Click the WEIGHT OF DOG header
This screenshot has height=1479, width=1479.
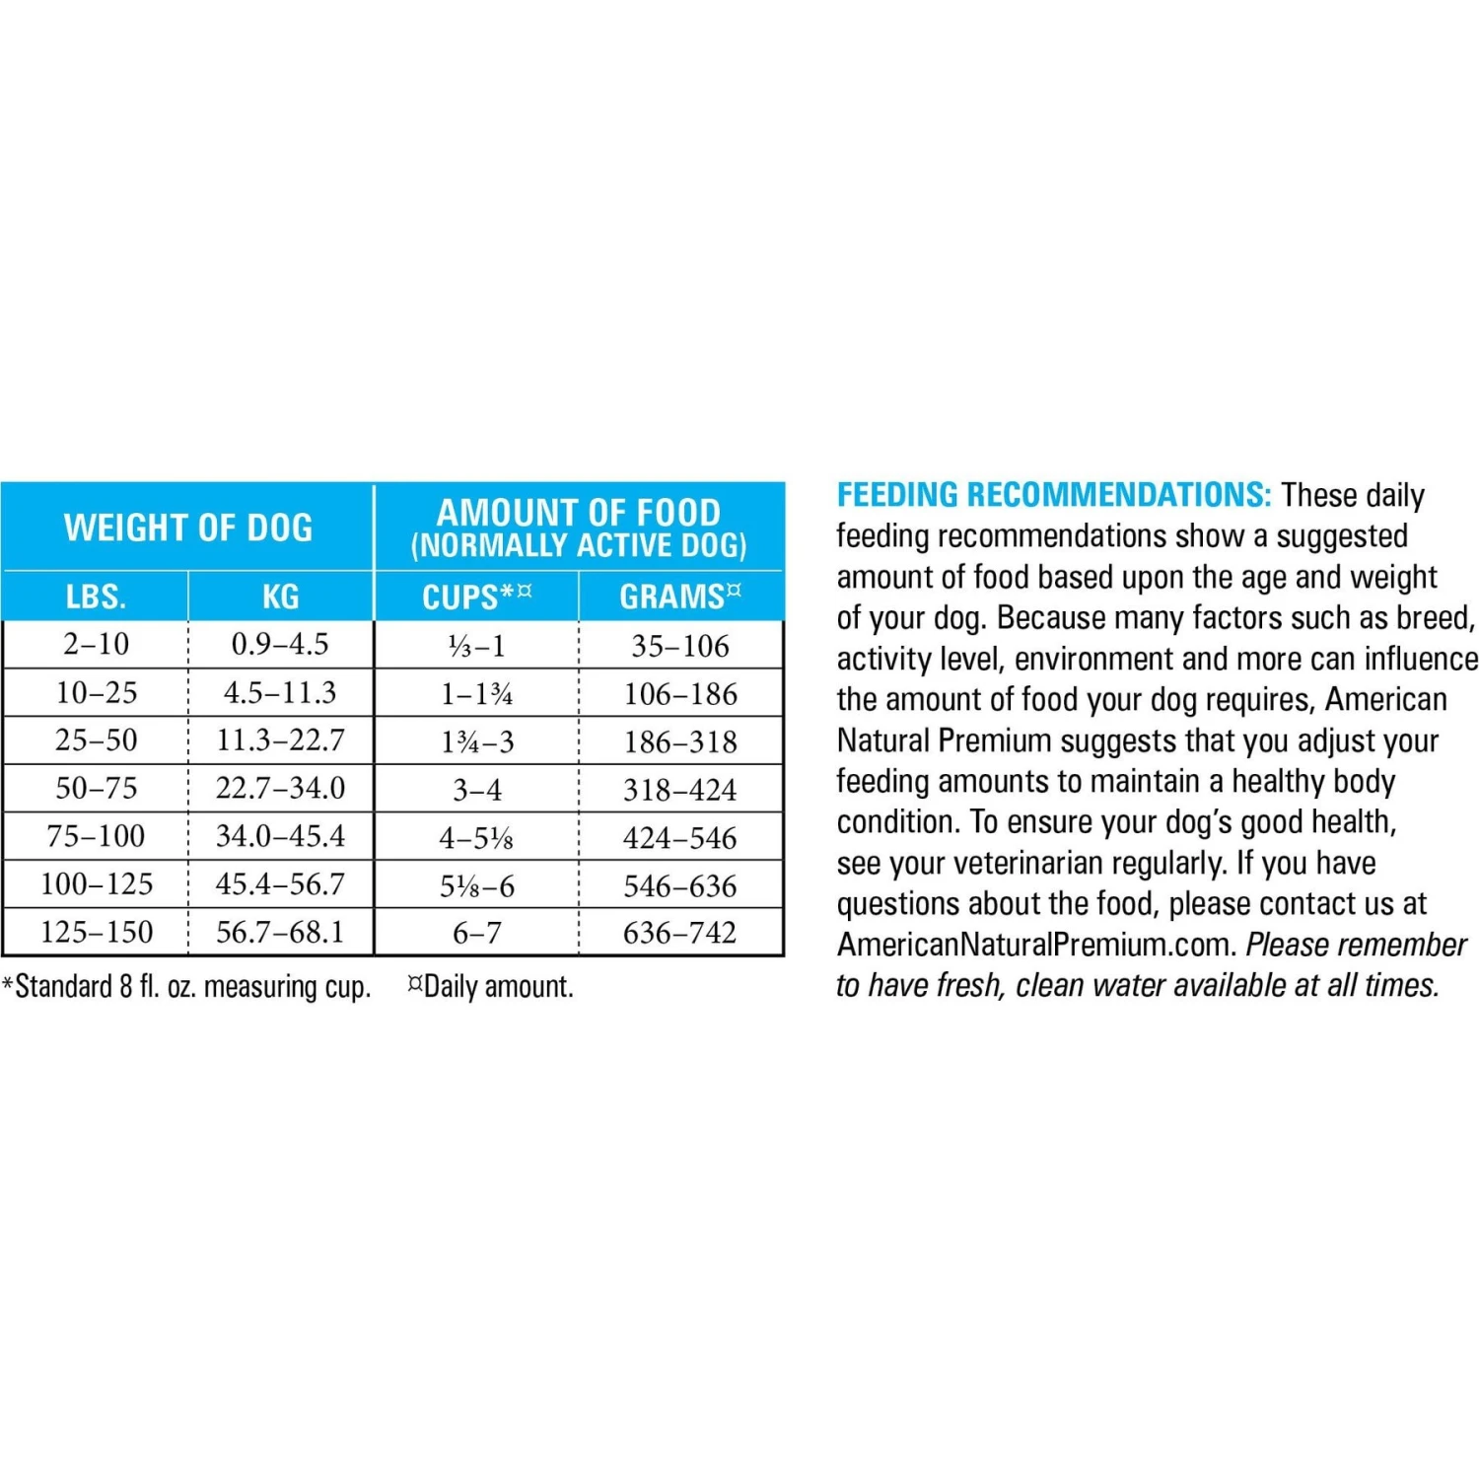(188, 528)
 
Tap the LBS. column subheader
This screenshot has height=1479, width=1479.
(96, 597)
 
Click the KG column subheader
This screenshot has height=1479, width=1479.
(281, 597)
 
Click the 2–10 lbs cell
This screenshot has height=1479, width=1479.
(96, 645)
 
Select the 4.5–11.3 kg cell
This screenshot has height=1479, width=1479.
(280, 693)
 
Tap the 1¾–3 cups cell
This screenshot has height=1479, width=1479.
(477, 741)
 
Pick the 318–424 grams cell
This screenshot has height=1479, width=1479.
(679, 790)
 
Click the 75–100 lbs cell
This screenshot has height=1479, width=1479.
(96, 837)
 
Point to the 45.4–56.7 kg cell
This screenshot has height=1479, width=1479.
(280, 884)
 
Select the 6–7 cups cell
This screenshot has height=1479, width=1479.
(477, 933)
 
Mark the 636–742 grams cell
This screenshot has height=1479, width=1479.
(679, 933)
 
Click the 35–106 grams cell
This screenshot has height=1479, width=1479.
(680, 646)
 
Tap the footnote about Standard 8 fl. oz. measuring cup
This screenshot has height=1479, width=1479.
(187, 987)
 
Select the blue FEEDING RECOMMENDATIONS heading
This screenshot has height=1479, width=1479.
(1053, 495)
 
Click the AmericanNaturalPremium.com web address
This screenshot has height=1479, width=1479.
(1035, 945)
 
